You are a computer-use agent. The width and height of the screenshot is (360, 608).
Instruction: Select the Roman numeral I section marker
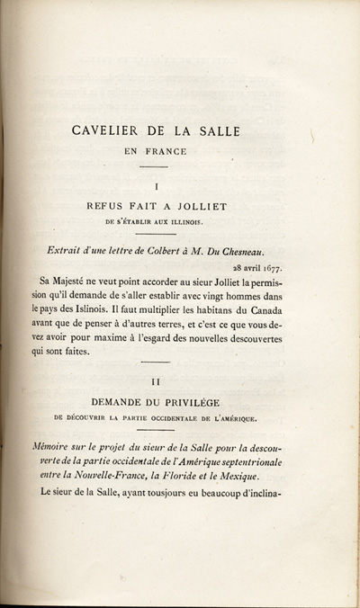tap(157, 186)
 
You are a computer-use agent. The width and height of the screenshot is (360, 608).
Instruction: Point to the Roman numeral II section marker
tap(157, 382)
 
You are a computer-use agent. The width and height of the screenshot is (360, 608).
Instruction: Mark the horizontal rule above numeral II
tap(156, 365)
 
